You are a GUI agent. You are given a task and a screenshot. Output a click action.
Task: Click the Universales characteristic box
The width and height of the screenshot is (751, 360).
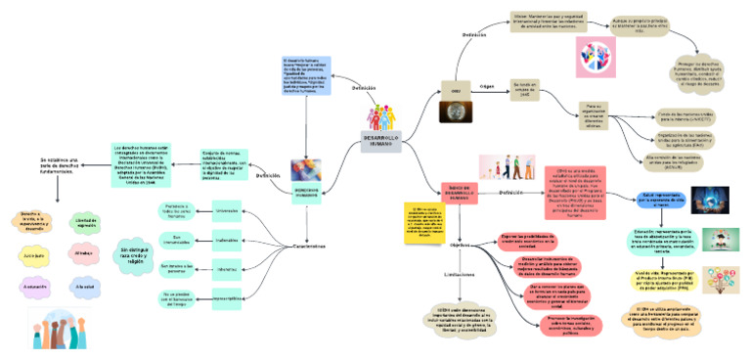click(226, 208)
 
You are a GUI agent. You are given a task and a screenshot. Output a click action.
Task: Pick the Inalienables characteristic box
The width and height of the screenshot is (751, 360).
click(226, 238)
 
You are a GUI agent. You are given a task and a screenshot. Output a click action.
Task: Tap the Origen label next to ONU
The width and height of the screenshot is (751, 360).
click(485, 87)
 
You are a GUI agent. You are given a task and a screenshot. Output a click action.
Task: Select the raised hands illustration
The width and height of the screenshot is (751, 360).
click(60, 331)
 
